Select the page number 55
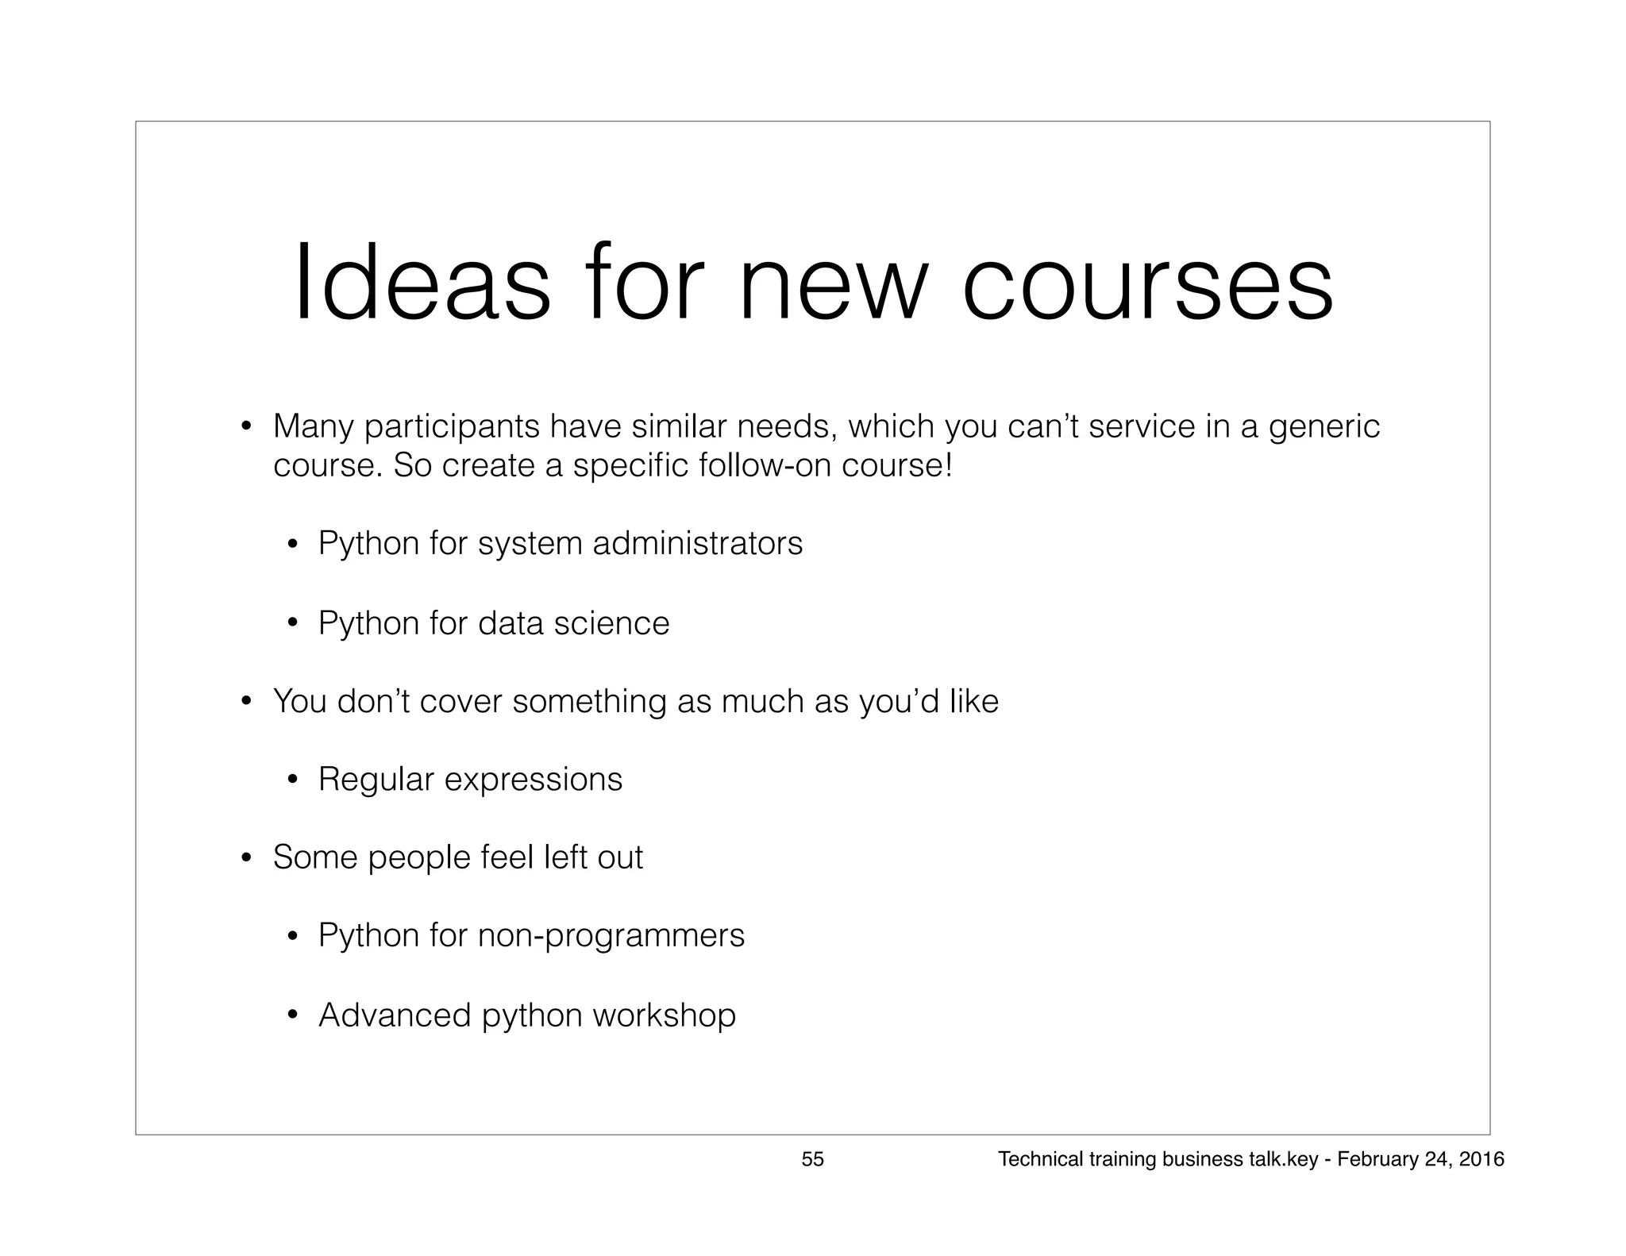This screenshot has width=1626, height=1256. click(x=812, y=1159)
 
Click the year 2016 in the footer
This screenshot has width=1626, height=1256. click(x=1482, y=1159)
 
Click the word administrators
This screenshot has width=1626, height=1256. click(x=698, y=543)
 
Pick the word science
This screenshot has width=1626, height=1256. click(x=611, y=622)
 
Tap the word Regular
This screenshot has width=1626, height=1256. click(x=376, y=780)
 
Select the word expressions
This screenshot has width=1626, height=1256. click(x=534, y=780)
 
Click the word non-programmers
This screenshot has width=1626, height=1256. click(x=611, y=935)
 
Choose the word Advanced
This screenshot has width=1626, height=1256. click(x=395, y=1015)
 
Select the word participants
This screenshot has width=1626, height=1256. click(x=451, y=428)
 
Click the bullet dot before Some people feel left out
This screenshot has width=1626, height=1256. click(x=247, y=858)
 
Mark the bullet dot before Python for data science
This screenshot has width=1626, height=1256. click(x=292, y=624)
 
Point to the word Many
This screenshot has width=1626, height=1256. click(x=313, y=427)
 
